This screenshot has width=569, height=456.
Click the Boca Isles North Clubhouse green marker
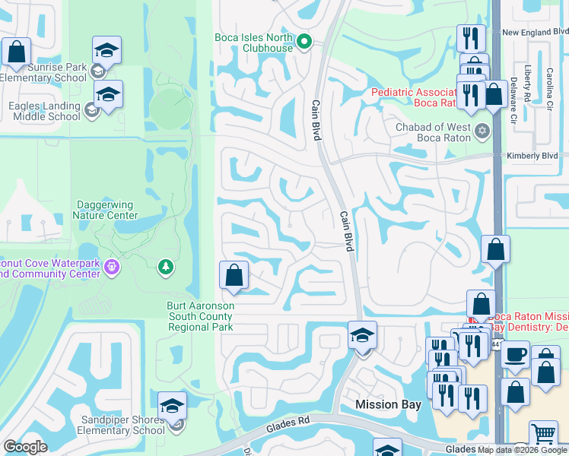304,42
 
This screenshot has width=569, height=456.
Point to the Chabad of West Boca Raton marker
481,132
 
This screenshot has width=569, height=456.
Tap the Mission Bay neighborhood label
388,404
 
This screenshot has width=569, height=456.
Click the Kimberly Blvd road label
532,156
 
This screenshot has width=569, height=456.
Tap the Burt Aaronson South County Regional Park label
200,316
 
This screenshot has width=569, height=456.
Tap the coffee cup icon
515,354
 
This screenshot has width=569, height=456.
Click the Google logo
25,447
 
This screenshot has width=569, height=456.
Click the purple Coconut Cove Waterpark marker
113,267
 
